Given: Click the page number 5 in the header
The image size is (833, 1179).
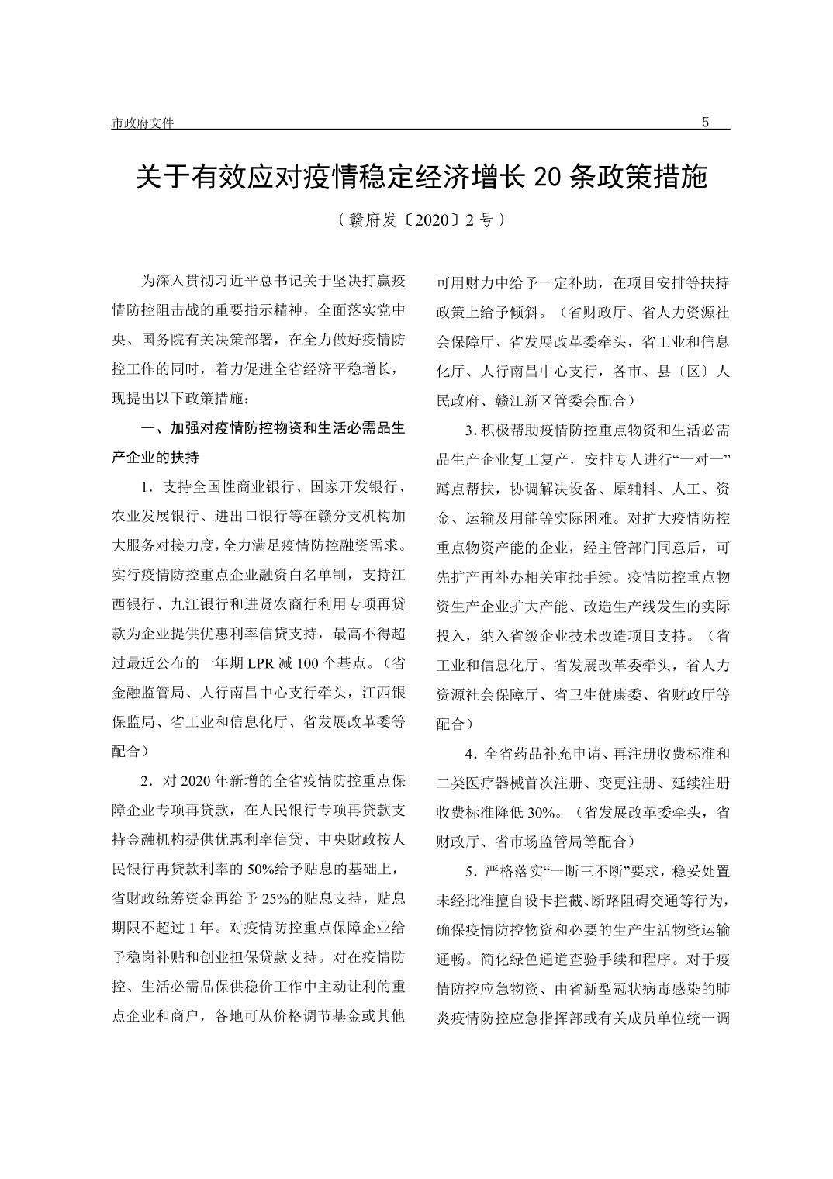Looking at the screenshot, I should pos(705,123).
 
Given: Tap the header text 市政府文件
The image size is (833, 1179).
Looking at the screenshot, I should pos(143,123).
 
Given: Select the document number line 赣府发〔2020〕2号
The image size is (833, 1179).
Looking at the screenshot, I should pos(422,220).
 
